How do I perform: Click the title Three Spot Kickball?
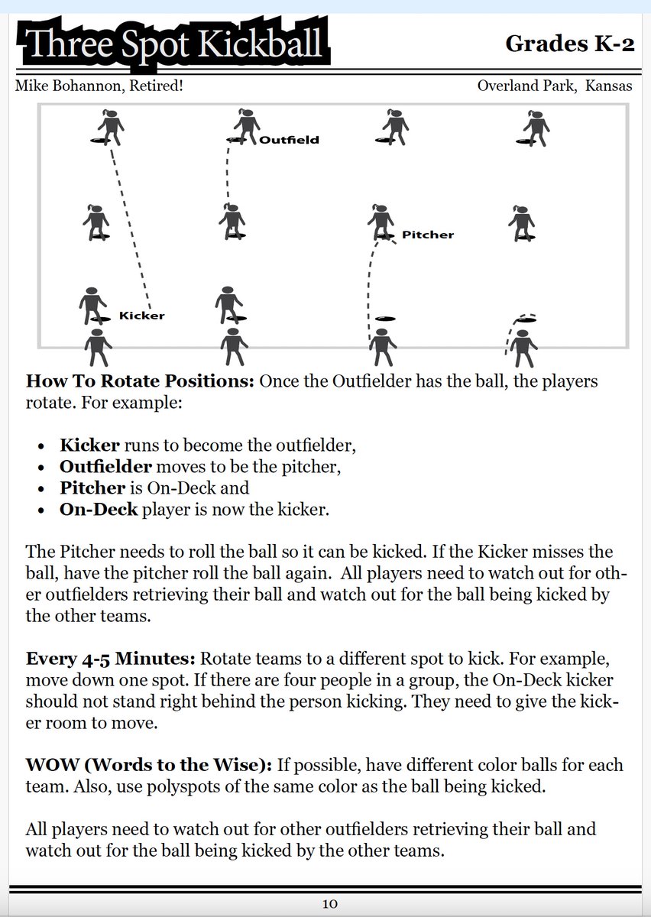click(x=174, y=44)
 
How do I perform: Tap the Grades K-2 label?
click(x=569, y=44)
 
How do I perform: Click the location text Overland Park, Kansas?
click(x=554, y=86)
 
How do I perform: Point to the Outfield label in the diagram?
click(x=289, y=140)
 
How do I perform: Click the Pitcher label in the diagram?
click(x=427, y=235)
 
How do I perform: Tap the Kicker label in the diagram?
click(x=141, y=315)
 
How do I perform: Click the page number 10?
click(x=329, y=904)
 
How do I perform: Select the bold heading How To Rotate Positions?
click(x=140, y=381)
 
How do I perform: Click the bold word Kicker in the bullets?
click(x=89, y=444)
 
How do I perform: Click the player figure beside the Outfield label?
click(x=245, y=128)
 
